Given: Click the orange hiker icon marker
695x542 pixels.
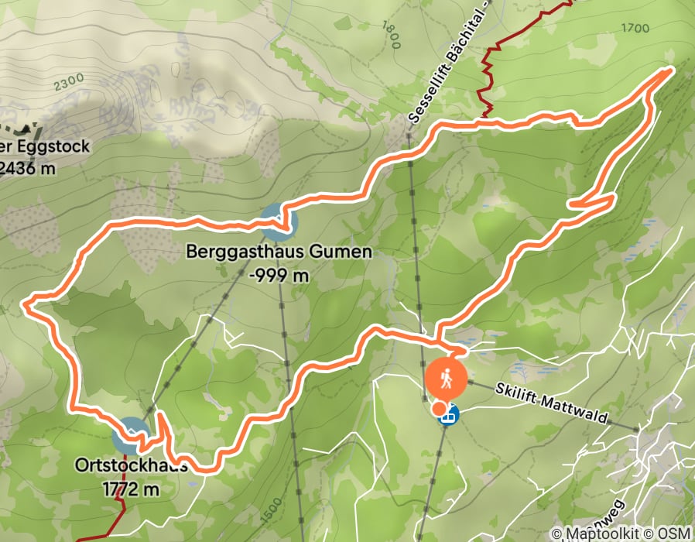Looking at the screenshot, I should tap(445, 379).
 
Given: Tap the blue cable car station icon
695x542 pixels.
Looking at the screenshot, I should tap(448, 415).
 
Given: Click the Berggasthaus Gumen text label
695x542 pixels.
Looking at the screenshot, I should tap(279, 252).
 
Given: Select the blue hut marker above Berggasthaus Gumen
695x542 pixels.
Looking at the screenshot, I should tap(278, 222).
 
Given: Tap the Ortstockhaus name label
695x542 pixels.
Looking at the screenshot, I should tap(131, 467).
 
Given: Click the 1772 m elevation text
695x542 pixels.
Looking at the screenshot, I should tap(131, 489).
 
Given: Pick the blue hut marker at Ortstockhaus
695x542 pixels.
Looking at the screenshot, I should tap(131, 436).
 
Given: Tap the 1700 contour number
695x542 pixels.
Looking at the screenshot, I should tap(635, 29).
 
